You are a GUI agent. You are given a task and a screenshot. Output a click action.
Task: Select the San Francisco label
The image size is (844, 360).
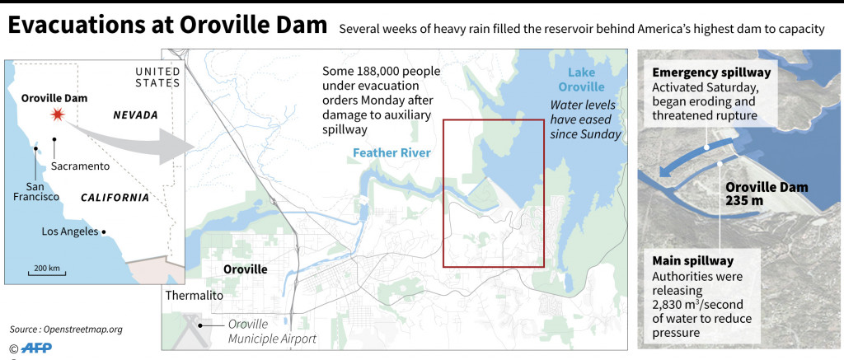click(x=35, y=189)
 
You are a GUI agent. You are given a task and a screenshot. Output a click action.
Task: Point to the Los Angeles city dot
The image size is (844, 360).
click(x=105, y=231)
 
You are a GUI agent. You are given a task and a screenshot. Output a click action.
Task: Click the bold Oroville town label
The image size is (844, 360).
click(x=246, y=269)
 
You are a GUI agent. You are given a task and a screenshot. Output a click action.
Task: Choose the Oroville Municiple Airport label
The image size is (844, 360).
click(x=273, y=331)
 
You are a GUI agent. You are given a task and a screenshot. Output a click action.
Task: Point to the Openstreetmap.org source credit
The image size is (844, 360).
click(x=66, y=329)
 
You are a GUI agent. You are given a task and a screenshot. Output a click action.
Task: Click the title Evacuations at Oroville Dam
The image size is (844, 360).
click(x=167, y=26)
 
